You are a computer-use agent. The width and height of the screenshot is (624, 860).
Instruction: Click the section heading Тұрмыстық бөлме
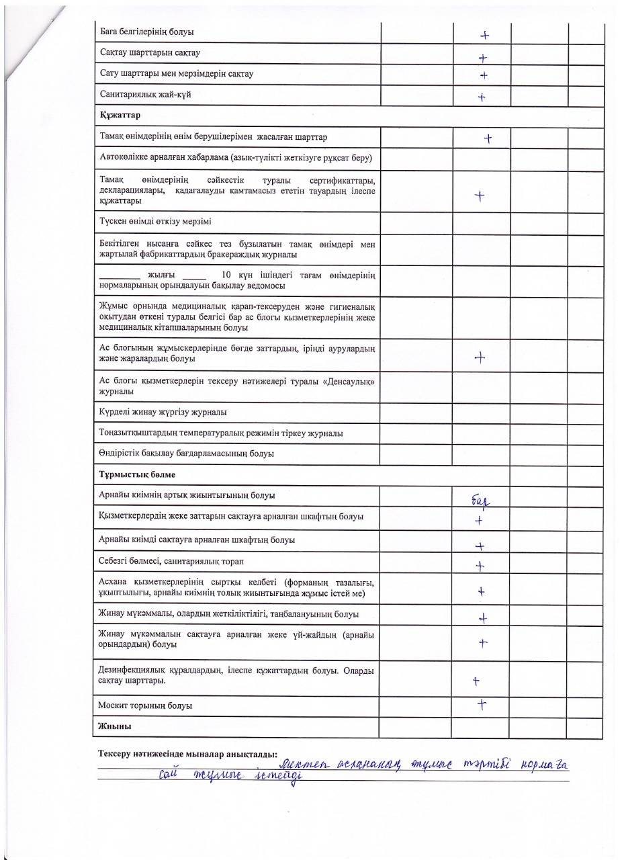coord(137,474)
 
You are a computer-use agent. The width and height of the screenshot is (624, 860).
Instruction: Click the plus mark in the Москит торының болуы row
coord(481,704)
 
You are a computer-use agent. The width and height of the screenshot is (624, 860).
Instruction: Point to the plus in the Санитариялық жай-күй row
coord(482,97)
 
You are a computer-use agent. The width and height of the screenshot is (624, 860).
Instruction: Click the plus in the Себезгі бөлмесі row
coord(480,566)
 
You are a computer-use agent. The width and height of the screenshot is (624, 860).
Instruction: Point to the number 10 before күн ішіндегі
coord(226,275)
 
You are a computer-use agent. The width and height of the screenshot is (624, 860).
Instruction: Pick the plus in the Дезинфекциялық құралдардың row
coord(476,681)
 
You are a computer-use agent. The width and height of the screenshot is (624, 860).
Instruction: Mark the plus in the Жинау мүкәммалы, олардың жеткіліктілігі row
coord(481,619)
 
